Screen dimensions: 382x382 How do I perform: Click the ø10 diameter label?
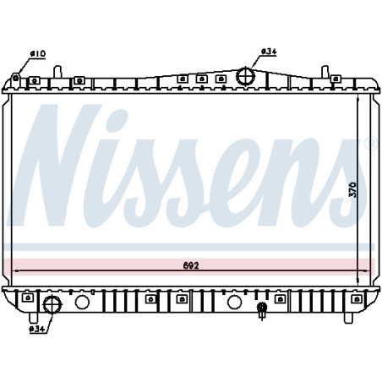[x=38, y=54]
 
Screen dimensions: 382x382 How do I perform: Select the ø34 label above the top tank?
[x=268, y=52]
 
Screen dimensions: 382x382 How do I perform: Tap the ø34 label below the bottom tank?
[x=36, y=330]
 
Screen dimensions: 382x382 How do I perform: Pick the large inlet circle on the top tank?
[x=246, y=76]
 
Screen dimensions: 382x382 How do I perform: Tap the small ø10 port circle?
[x=16, y=79]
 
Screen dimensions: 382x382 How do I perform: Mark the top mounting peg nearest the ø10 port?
[x=34, y=81]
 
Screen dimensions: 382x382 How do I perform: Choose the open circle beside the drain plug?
[x=233, y=302]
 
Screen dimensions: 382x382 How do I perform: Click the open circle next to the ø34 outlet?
[x=82, y=303]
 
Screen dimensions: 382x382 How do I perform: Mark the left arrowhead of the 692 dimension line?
[x=14, y=271]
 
